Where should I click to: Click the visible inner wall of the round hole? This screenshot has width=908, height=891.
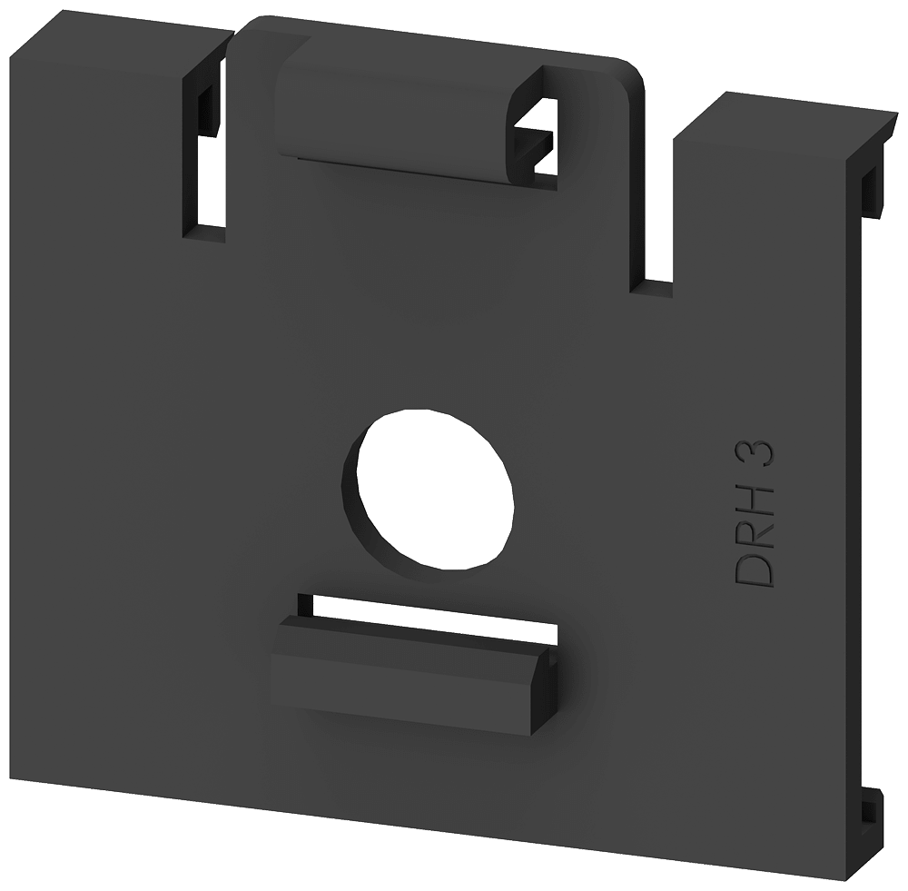[359, 509]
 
